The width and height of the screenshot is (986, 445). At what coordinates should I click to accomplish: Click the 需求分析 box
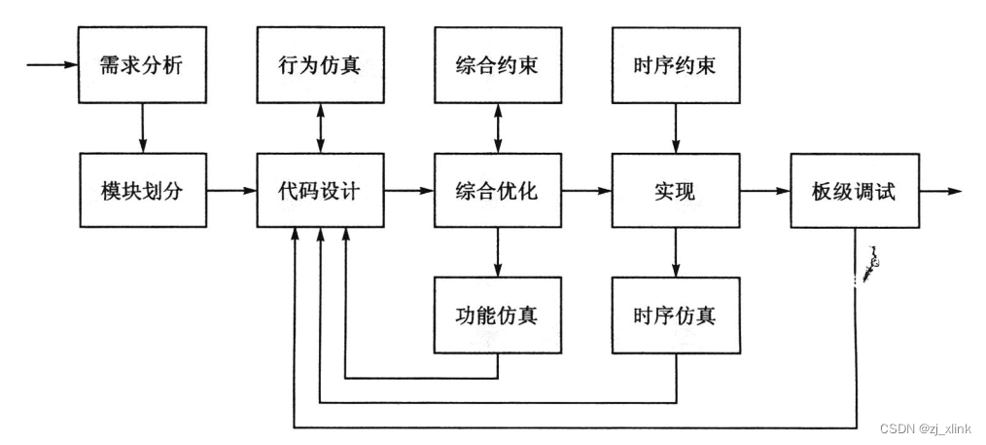(x=142, y=67)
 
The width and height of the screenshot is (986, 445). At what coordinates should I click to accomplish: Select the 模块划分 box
(x=142, y=191)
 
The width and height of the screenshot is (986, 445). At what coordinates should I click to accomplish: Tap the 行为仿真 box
(x=320, y=67)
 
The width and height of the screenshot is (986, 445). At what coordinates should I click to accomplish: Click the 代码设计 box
(x=320, y=191)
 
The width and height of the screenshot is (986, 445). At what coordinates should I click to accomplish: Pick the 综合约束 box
(x=497, y=67)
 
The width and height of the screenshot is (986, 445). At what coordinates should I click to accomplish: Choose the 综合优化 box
(x=497, y=191)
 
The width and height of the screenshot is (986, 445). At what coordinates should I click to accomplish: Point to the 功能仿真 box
(x=497, y=315)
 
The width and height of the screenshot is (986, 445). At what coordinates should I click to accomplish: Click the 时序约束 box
(x=675, y=67)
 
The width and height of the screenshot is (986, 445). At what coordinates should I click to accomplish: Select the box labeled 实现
(x=675, y=191)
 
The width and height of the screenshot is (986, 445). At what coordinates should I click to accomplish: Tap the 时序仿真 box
(x=675, y=315)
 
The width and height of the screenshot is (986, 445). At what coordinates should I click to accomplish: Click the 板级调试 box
(x=854, y=191)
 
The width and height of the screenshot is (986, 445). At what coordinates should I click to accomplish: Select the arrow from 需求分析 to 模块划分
(x=142, y=128)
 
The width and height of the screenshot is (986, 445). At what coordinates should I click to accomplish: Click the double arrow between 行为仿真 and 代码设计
(x=320, y=128)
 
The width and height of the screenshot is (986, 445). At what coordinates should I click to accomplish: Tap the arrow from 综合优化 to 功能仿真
(x=497, y=252)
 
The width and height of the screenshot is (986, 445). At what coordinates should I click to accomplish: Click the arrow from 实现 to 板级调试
(x=764, y=191)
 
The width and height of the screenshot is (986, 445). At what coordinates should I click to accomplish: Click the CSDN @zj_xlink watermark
(x=927, y=429)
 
